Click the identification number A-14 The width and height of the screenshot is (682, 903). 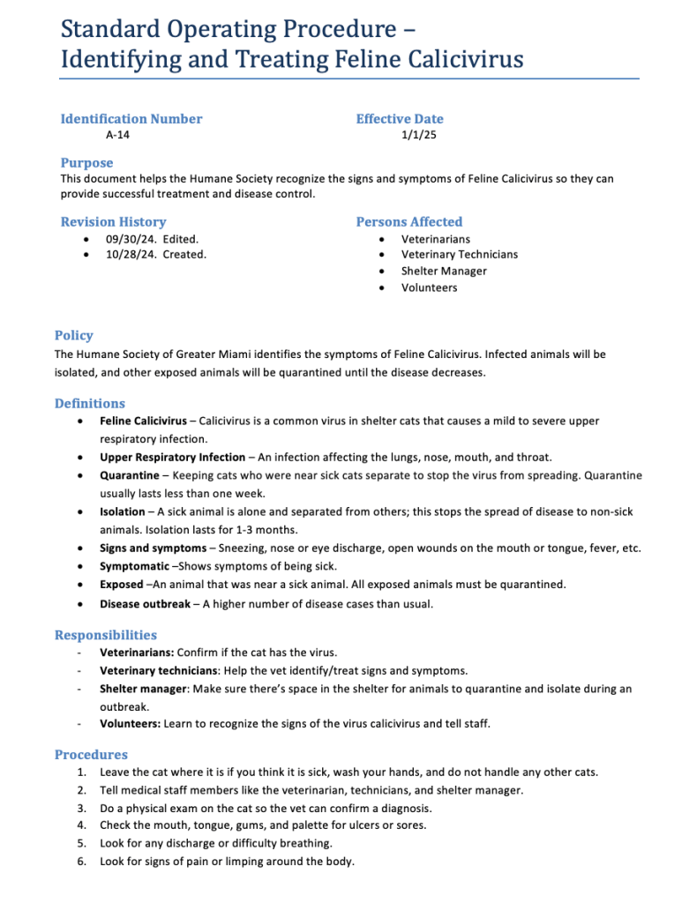coord(117,135)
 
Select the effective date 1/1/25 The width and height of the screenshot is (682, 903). coord(419,135)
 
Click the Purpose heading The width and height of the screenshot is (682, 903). coord(86,162)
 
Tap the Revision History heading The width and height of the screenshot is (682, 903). coord(113,221)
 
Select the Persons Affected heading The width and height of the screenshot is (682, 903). coord(408,221)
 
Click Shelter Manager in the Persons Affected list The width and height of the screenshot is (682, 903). coord(444,271)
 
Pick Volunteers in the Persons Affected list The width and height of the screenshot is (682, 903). coord(431,287)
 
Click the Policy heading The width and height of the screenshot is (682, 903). coord(73,335)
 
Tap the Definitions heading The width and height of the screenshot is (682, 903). coord(90,403)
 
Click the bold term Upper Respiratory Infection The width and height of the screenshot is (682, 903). coord(172,458)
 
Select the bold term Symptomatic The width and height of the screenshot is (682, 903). coord(134,566)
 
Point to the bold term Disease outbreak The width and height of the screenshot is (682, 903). coord(145,604)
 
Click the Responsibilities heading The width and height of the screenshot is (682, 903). coord(106,635)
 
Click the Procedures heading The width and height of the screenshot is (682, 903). coord(91,754)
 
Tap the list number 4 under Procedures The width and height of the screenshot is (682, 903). coord(81,825)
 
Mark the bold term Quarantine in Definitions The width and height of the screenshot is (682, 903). coord(130,475)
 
